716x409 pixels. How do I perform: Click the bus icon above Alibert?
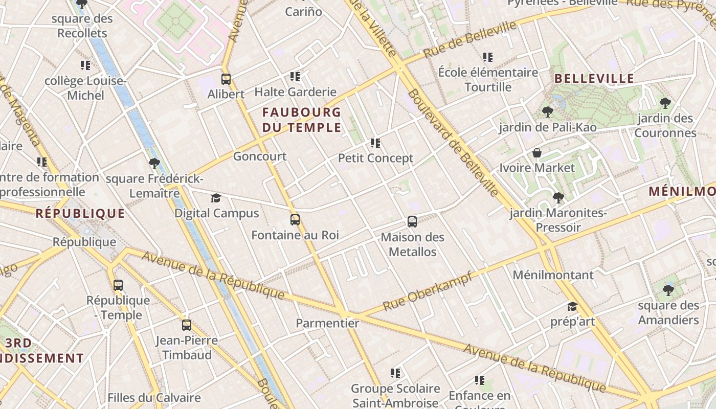[226, 79]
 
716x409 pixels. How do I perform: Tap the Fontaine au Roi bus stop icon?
[295, 220]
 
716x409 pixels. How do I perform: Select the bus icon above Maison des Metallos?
[412, 222]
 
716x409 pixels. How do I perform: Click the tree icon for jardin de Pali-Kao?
[547, 112]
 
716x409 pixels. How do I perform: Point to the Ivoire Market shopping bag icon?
[537, 153]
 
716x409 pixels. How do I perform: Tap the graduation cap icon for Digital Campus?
[216, 198]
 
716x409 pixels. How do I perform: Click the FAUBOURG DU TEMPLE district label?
[302, 120]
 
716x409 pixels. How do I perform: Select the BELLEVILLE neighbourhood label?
[594, 79]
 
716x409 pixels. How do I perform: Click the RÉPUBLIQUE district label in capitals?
[80, 214]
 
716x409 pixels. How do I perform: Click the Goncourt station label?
[260, 156]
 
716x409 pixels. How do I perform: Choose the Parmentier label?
[327, 323]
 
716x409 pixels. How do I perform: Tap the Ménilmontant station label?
[553, 275]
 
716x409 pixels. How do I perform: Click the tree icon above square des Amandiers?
[668, 290]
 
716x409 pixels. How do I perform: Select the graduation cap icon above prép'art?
[572, 307]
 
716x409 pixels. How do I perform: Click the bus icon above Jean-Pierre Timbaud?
[187, 325]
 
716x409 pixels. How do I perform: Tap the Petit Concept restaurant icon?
[375, 143]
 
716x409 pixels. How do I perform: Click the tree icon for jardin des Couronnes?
[665, 103]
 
